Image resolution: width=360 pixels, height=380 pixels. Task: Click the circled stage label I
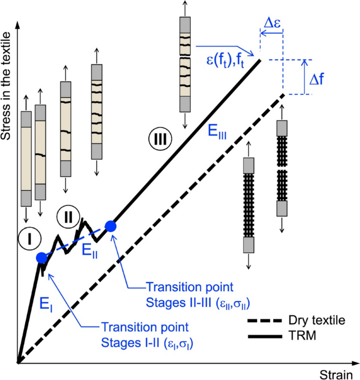coord(30,239)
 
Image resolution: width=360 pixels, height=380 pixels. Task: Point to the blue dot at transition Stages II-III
coord(110,226)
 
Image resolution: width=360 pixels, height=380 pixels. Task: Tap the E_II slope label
coord(89,251)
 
